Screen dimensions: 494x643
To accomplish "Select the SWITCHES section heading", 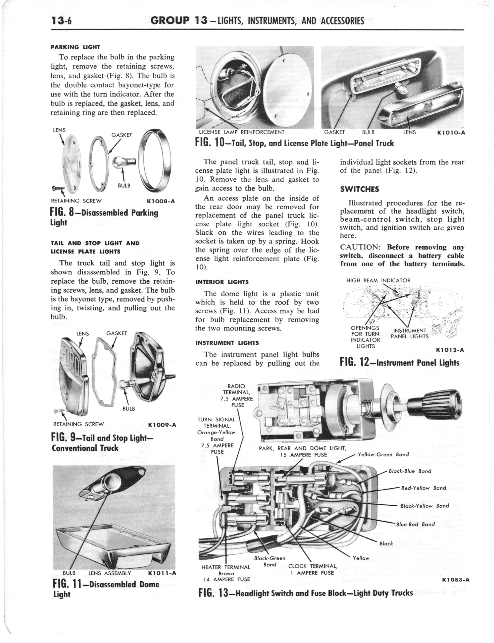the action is (x=360, y=189).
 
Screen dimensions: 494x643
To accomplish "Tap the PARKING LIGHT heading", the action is (x=75, y=47).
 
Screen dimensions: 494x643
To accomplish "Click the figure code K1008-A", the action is (x=161, y=201).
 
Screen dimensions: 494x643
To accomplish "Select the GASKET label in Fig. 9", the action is (x=117, y=333).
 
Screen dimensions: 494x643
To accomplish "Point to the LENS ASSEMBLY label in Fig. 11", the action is (x=110, y=573).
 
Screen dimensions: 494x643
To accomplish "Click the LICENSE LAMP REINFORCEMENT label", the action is (x=242, y=132).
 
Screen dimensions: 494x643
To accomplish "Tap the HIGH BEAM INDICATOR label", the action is (x=378, y=280).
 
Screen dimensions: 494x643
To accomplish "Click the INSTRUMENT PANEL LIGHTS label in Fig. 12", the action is (x=410, y=334).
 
